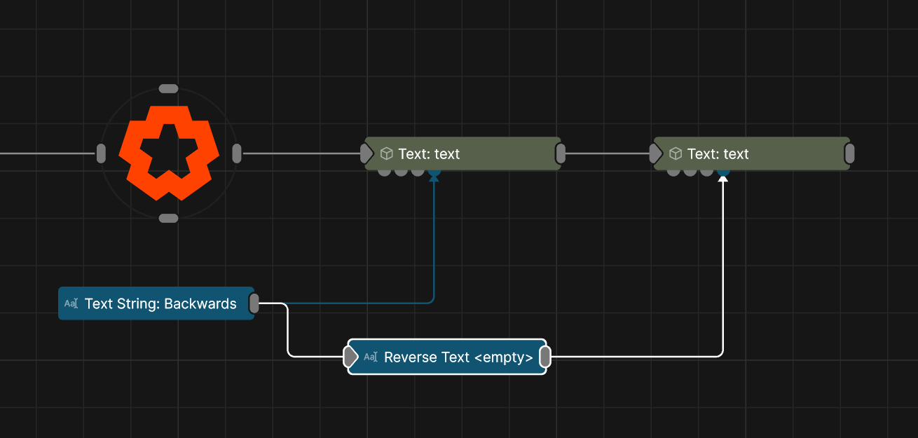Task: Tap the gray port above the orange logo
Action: [168, 88]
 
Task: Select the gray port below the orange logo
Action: [168, 218]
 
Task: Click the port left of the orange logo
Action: [101, 153]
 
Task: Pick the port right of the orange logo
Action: [237, 153]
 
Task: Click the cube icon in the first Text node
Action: [386, 153]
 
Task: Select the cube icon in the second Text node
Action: [676, 153]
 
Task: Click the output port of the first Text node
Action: [561, 153]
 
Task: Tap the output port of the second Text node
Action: [849, 153]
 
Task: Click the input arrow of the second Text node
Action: [655, 153]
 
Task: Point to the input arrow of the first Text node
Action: [366, 153]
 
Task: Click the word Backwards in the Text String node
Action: [200, 303]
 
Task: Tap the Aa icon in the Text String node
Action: [71, 303]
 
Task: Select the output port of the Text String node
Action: [254, 303]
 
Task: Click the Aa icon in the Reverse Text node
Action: [371, 357]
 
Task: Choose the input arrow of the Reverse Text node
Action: [351, 357]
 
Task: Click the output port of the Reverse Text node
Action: [545, 357]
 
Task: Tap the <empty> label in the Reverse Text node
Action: [504, 357]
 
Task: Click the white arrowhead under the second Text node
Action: [723, 179]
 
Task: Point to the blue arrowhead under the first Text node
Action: [434, 178]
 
